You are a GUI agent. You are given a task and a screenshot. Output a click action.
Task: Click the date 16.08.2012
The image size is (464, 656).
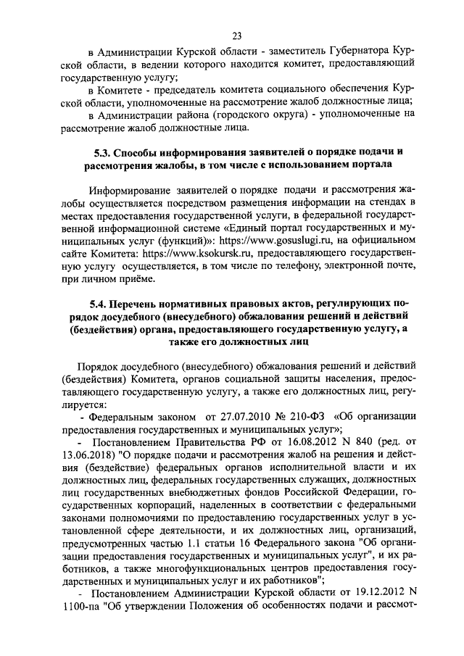click(x=327, y=442)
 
